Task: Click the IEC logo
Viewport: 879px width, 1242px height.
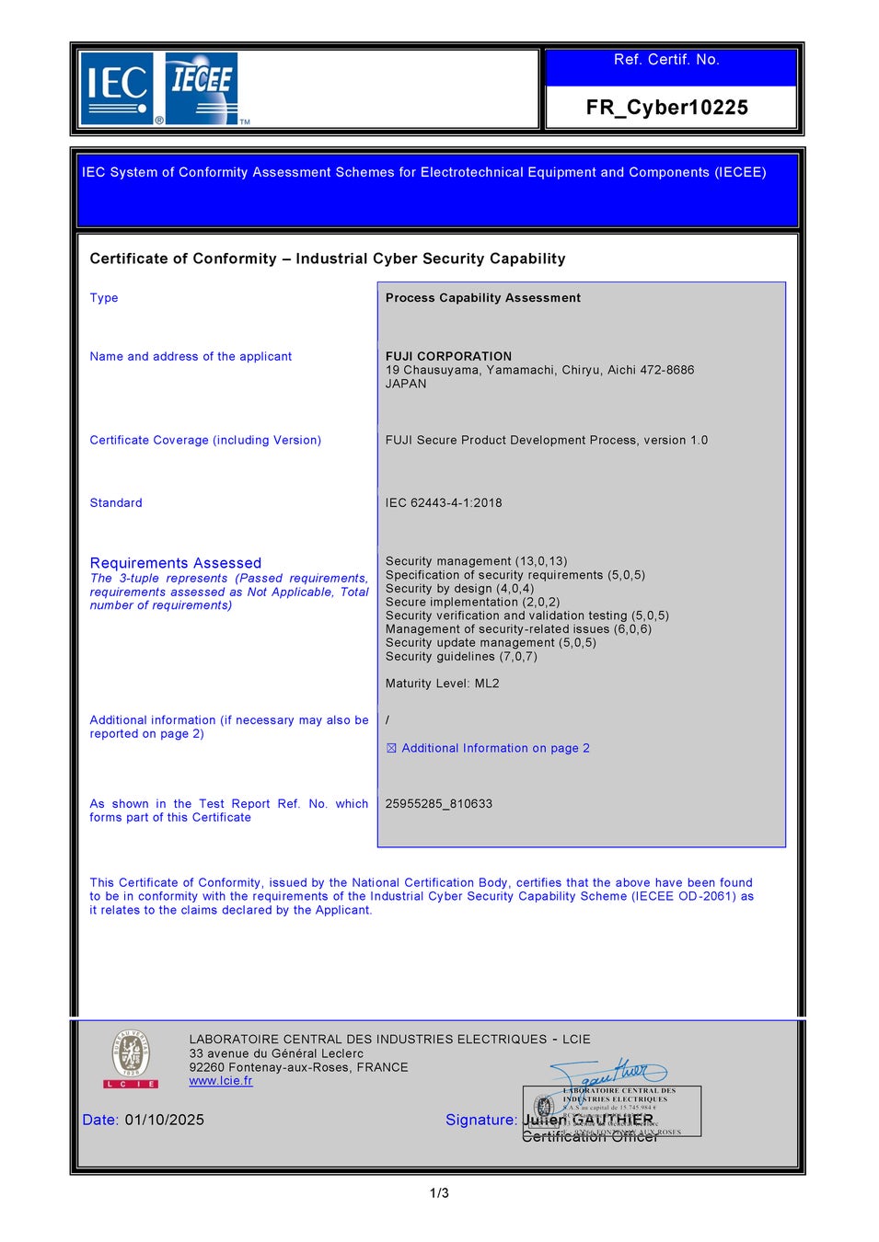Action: pos(117,88)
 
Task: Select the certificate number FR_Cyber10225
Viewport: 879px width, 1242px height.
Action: pos(666,108)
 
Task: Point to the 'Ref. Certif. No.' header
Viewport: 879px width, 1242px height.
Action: pos(666,60)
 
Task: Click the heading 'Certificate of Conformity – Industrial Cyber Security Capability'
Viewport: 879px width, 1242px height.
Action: pos(327,259)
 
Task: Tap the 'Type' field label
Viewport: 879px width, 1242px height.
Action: pos(104,298)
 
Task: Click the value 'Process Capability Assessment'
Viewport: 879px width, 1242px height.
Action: pos(482,298)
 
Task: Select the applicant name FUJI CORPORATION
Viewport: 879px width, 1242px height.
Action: pos(448,356)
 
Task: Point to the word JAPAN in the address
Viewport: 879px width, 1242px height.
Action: pos(406,384)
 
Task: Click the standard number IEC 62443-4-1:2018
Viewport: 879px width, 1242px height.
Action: pos(444,503)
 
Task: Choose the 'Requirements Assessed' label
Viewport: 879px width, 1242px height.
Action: pos(175,563)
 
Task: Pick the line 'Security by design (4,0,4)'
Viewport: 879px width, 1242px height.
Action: pos(459,589)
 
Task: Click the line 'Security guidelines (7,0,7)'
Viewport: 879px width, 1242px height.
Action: pos(461,657)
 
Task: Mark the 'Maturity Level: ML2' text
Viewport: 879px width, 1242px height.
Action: pos(442,684)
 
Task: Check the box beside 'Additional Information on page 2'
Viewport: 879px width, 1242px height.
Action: pos(391,749)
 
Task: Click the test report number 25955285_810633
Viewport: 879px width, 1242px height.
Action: pos(438,804)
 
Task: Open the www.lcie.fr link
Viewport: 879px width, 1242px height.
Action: pos(220,1081)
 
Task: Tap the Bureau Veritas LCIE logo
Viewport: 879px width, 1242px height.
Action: pos(131,1059)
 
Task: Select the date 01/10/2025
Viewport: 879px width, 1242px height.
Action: pos(164,1120)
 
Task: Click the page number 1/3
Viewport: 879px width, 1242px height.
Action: pos(439,1193)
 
